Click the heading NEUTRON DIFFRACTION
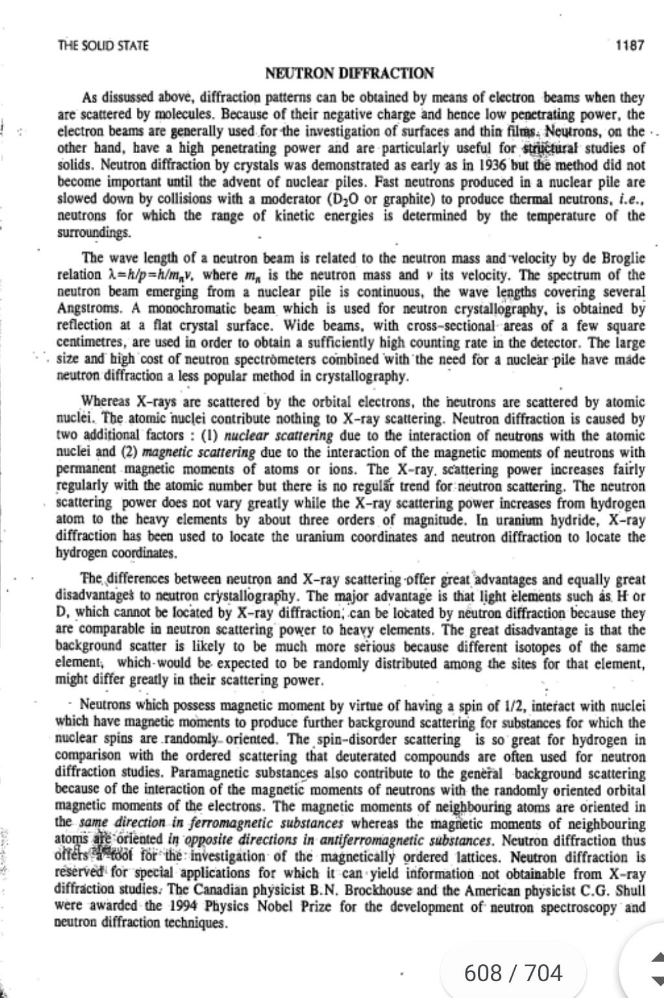click(x=350, y=73)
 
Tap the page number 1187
click(x=630, y=45)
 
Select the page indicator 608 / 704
click(x=513, y=972)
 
